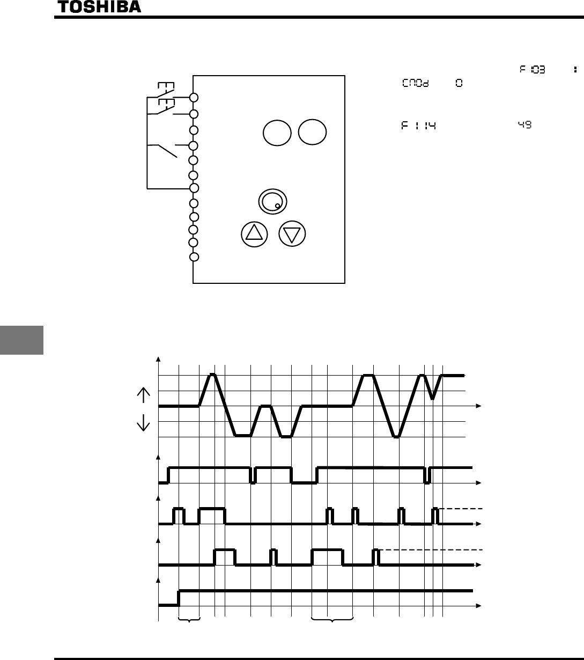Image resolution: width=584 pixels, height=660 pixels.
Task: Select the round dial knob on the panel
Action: [x=272, y=201]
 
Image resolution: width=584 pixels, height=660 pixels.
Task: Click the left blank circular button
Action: [x=277, y=132]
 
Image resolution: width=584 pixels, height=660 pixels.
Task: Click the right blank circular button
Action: [x=313, y=132]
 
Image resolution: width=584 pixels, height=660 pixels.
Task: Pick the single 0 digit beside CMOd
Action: [x=459, y=84]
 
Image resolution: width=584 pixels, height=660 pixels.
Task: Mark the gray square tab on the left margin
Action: [x=21, y=338]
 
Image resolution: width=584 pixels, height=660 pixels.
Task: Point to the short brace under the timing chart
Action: [x=189, y=621]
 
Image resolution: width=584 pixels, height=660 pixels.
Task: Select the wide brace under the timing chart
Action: [x=332, y=621]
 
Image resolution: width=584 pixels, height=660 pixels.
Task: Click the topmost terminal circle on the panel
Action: [x=194, y=98]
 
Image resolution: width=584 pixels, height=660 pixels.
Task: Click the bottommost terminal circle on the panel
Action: [x=194, y=257]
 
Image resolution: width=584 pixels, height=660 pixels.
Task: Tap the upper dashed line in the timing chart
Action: [x=461, y=508]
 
